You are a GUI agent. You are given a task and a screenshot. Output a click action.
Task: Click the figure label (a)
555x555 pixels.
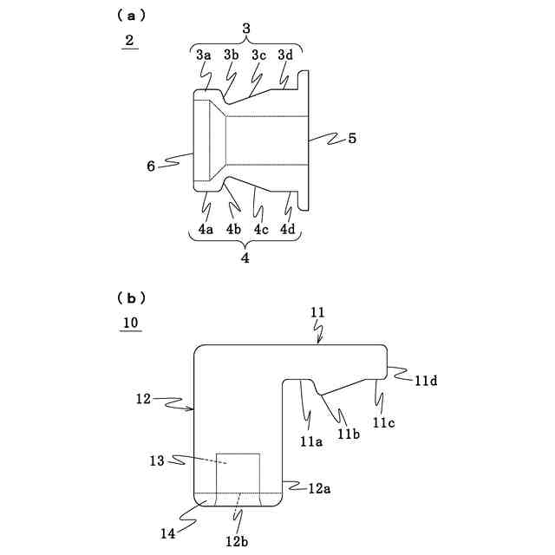[x=131, y=15]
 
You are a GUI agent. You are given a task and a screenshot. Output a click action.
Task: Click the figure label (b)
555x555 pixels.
[x=131, y=297]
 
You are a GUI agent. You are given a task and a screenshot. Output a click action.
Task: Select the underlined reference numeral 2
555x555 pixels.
[x=129, y=41]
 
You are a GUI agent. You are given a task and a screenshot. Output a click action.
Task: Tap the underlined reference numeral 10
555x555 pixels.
[x=130, y=323]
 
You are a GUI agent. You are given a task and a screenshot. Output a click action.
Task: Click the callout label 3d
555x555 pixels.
[x=285, y=55]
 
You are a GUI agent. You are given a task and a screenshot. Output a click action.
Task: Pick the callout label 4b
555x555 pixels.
[x=232, y=230]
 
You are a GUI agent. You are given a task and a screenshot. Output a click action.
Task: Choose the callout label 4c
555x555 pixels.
[x=260, y=230]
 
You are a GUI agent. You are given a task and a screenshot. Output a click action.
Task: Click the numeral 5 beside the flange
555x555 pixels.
[x=352, y=137]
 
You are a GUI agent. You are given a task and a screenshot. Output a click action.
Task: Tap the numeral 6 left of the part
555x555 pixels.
[x=151, y=165]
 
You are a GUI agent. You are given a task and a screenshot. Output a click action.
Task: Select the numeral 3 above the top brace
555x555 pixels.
[x=246, y=29]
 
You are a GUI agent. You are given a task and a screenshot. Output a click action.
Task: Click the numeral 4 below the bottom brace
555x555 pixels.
[x=245, y=258]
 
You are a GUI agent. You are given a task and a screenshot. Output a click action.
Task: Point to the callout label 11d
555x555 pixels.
[x=425, y=380]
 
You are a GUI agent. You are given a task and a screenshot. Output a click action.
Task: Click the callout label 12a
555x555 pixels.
[x=319, y=488]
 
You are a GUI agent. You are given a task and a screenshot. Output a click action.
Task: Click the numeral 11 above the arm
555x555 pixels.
[x=317, y=310]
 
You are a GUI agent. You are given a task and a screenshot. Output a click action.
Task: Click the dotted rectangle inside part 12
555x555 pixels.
[x=238, y=473]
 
